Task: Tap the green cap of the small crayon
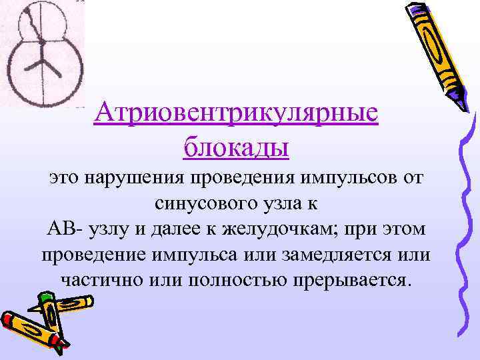(46, 297)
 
